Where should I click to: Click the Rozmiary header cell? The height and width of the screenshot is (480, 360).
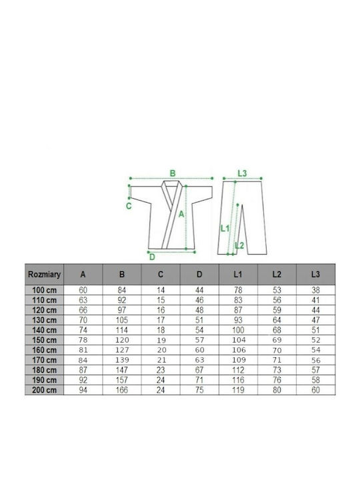tap(45, 274)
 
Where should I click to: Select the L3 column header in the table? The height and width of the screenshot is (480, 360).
tap(315, 274)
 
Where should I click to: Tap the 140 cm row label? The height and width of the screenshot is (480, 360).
tap(45, 330)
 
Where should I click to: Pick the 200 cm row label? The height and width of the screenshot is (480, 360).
tap(45, 390)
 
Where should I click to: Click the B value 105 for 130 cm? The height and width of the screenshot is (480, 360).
tap(122, 320)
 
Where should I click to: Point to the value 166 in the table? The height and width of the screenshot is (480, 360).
tap(122, 390)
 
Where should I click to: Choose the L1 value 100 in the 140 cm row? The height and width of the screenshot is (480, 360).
tap(238, 330)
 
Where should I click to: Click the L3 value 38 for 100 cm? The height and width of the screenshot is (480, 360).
tap(315, 290)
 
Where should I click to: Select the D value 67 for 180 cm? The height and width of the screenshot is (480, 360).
tap(199, 370)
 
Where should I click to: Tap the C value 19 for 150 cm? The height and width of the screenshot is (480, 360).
tap(161, 340)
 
